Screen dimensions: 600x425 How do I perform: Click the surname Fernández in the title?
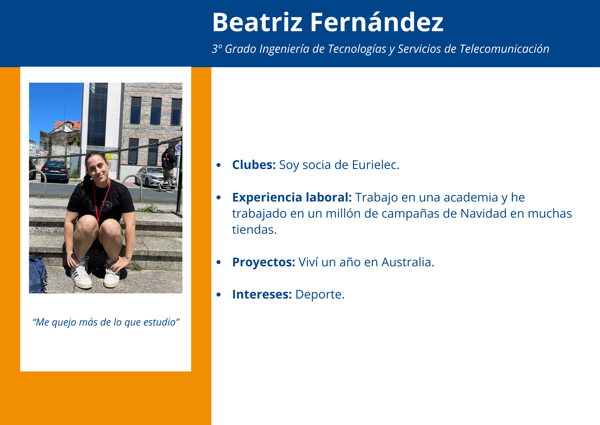coord(377,22)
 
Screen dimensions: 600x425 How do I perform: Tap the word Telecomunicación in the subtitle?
coord(504,49)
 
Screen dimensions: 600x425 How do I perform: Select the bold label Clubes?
coord(254,165)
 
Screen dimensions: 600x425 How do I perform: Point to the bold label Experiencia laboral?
coord(292,197)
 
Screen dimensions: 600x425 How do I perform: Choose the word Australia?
coord(408,262)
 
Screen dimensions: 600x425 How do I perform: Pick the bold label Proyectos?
coord(264,263)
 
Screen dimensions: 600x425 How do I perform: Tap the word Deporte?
coord(320,295)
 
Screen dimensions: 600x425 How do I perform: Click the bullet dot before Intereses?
coord(219,294)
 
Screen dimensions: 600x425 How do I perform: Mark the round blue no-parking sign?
coord(178,148)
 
